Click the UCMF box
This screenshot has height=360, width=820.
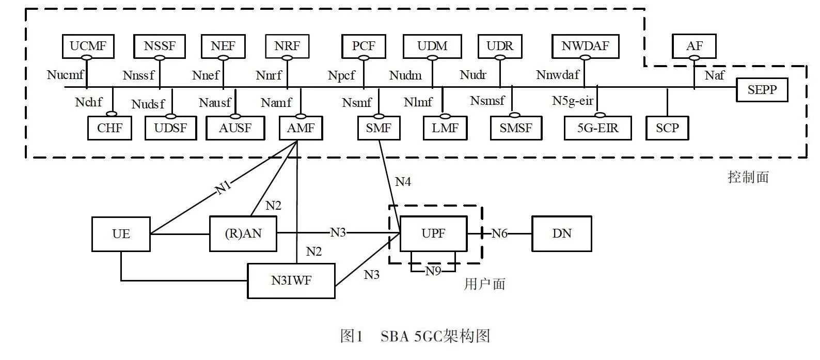pyautogui.click(x=88, y=46)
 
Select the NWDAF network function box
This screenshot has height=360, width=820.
pyautogui.click(x=585, y=46)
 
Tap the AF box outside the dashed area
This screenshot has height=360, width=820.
pyautogui.click(x=694, y=46)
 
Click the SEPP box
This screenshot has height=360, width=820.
pyautogui.click(x=762, y=90)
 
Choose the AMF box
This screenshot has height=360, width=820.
pyautogui.click(x=301, y=128)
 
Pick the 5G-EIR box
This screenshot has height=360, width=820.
pyautogui.click(x=597, y=128)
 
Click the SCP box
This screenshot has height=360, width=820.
pyautogui.click(x=667, y=128)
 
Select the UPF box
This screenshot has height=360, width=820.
pyautogui.click(x=433, y=233)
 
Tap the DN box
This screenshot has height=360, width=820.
pyautogui.click(x=561, y=233)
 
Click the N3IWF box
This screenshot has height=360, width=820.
pyautogui.click(x=291, y=280)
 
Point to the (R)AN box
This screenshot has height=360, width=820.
pyautogui.click(x=243, y=233)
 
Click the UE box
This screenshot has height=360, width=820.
pyautogui.click(x=121, y=234)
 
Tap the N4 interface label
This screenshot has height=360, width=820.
pyautogui.click(x=403, y=182)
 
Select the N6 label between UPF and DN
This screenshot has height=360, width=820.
pyautogui.click(x=499, y=233)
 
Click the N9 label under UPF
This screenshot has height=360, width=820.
pyautogui.click(x=433, y=271)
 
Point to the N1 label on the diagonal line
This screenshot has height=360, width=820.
pyautogui.click(x=223, y=187)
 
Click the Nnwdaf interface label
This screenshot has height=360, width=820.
pyautogui.click(x=558, y=75)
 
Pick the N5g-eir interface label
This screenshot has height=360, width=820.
pyautogui.click(x=573, y=101)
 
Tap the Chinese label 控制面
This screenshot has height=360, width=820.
pyautogui.click(x=748, y=177)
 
